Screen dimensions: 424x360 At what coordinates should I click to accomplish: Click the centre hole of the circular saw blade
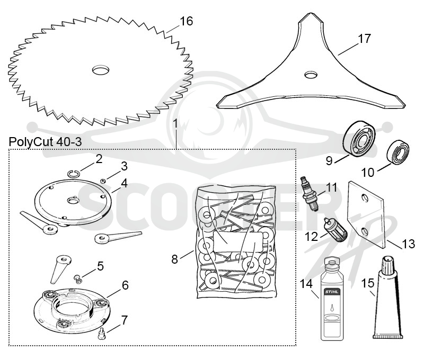(101, 70)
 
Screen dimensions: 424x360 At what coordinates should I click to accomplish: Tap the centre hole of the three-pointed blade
(311, 75)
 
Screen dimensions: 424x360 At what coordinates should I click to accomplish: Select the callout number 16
(187, 21)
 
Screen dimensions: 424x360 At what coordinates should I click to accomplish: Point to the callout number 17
(364, 39)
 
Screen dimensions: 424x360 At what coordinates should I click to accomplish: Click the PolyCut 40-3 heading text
(45, 141)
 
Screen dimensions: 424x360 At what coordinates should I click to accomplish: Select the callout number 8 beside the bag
(175, 259)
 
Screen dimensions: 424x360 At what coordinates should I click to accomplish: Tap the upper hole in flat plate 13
(365, 198)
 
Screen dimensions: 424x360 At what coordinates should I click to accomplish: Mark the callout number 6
(125, 285)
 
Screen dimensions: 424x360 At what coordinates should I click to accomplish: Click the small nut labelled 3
(103, 181)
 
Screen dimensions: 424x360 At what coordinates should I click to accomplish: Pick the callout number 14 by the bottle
(306, 284)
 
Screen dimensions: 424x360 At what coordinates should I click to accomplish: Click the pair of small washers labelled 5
(77, 279)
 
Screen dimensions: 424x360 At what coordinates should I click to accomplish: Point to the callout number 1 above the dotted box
(175, 124)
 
